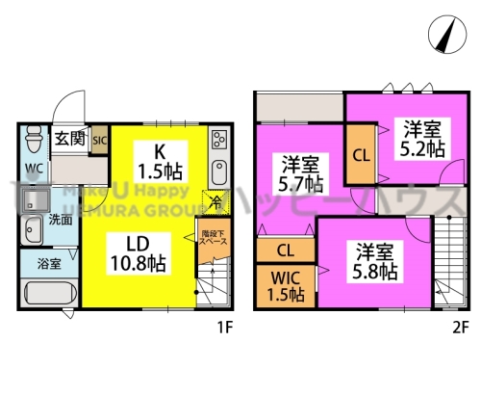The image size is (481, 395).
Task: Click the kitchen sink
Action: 218,173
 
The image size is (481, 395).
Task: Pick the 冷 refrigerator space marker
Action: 216,201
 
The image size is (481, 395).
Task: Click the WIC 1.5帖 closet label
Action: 284,288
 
